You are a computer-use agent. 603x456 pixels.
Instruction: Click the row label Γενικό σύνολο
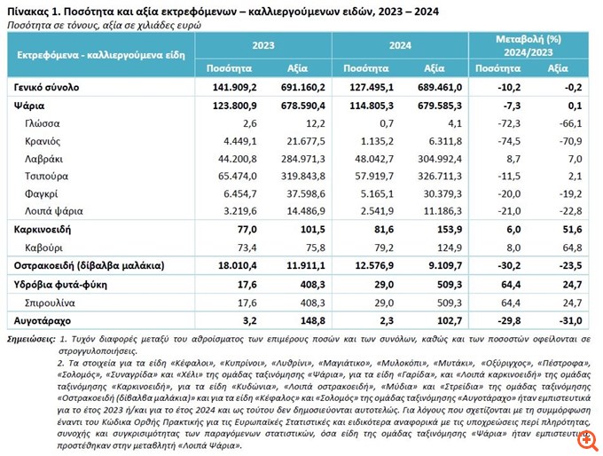coord(47,88)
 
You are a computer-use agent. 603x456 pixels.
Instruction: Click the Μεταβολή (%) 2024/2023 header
coord(529,45)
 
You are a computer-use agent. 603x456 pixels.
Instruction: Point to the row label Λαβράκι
coord(46,158)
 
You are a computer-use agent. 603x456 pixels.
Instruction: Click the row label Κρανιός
coord(44,140)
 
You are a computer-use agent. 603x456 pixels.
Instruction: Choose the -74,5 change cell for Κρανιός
coord(506,140)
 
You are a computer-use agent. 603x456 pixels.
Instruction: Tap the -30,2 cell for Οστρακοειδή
coord(506,265)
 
